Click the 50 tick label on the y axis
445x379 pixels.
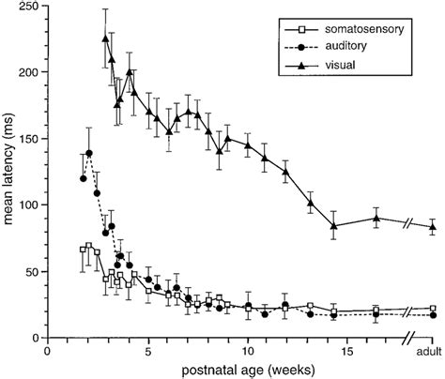tap(33, 271)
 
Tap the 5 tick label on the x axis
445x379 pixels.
tap(148, 352)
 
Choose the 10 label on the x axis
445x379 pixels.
tap(248, 352)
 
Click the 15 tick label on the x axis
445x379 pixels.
tap(347, 352)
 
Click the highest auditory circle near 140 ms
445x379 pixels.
tap(89, 153)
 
